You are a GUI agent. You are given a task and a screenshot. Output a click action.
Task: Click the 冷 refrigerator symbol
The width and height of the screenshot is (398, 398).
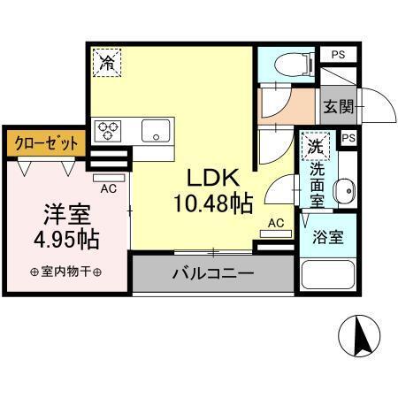(106, 63)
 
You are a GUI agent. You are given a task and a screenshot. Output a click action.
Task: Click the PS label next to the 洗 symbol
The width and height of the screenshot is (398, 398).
(348, 138)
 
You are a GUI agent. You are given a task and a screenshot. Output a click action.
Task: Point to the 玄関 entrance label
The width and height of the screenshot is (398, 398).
(338, 107)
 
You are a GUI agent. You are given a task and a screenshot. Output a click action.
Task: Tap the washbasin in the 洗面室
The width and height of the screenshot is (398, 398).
(346, 188)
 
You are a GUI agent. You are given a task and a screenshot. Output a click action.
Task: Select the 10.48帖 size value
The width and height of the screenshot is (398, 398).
(212, 205)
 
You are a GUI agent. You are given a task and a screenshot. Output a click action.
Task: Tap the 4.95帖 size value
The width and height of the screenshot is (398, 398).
(65, 239)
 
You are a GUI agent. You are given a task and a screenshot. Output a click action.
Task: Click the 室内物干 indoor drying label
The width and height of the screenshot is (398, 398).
(65, 272)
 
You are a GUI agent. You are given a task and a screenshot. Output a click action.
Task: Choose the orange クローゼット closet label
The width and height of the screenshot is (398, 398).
(45, 142)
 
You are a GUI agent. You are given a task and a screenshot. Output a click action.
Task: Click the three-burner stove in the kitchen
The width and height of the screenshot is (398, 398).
(109, 131)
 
